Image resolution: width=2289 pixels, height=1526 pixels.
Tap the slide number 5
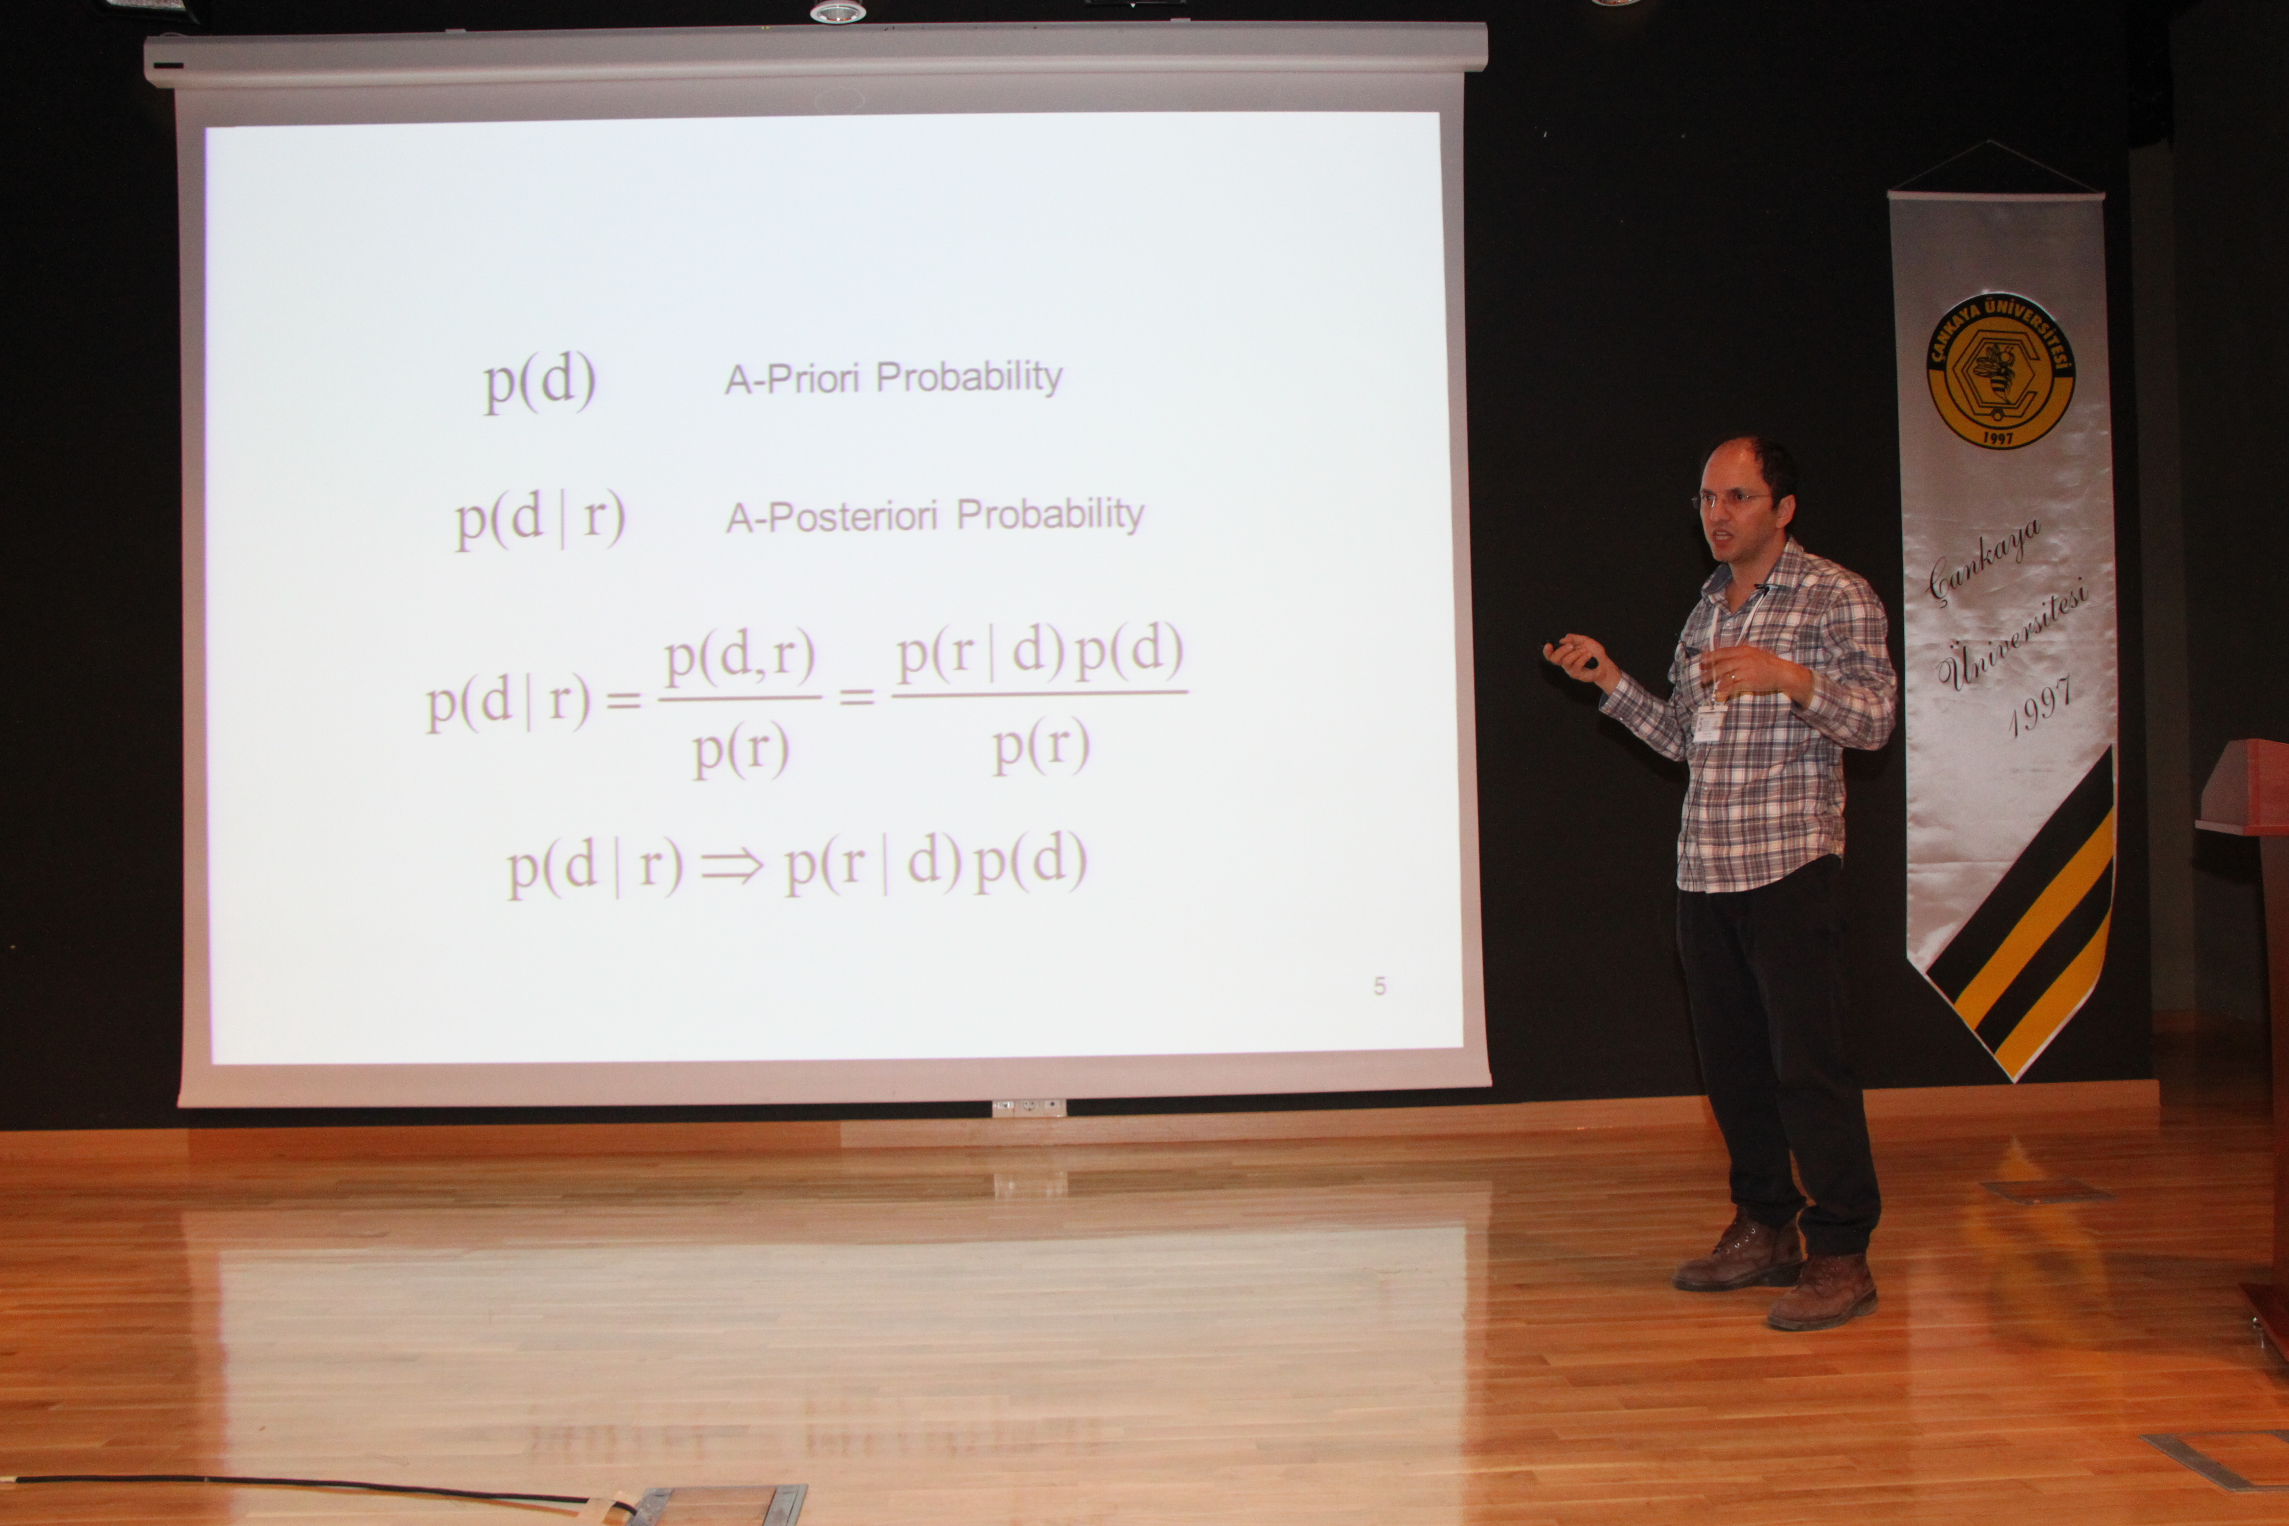(1379, 986)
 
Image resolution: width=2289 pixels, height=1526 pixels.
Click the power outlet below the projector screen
(1029, 1107)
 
